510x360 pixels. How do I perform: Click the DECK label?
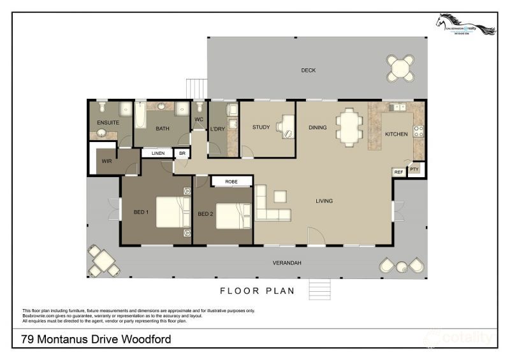309,71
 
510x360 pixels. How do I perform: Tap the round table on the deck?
400,67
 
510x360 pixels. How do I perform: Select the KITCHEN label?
396,134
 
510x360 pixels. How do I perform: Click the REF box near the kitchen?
399,172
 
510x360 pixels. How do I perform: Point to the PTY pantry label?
414,169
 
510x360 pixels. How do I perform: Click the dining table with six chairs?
349,126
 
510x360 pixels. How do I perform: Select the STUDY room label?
261,127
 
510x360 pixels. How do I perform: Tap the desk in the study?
286,126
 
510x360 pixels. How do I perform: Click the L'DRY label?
217,129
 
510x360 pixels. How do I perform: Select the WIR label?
106,161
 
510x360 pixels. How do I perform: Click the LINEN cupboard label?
158,154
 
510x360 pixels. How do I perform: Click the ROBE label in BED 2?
231,182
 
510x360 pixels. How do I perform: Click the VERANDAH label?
288,263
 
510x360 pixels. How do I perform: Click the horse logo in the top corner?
465,25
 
